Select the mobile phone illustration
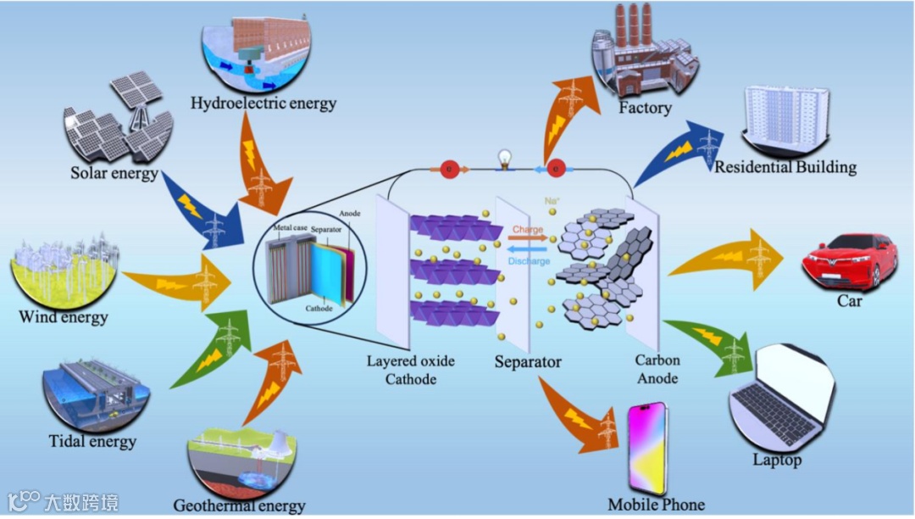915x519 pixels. tap(647, 449)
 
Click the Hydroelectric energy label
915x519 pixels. tap(263, 103)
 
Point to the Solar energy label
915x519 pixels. tap(115, 174)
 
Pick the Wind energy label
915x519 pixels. tap(64, 318)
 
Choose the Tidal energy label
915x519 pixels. tap(92, 441)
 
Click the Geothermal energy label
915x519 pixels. tap(239, 506)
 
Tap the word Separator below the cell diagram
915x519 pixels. tap(528, 362)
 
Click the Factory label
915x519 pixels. tap(645, 109)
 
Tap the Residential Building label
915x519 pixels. tap(785, 167)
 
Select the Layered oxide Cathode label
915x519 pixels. tap(410, 370)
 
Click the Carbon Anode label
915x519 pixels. tap(657, 369)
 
